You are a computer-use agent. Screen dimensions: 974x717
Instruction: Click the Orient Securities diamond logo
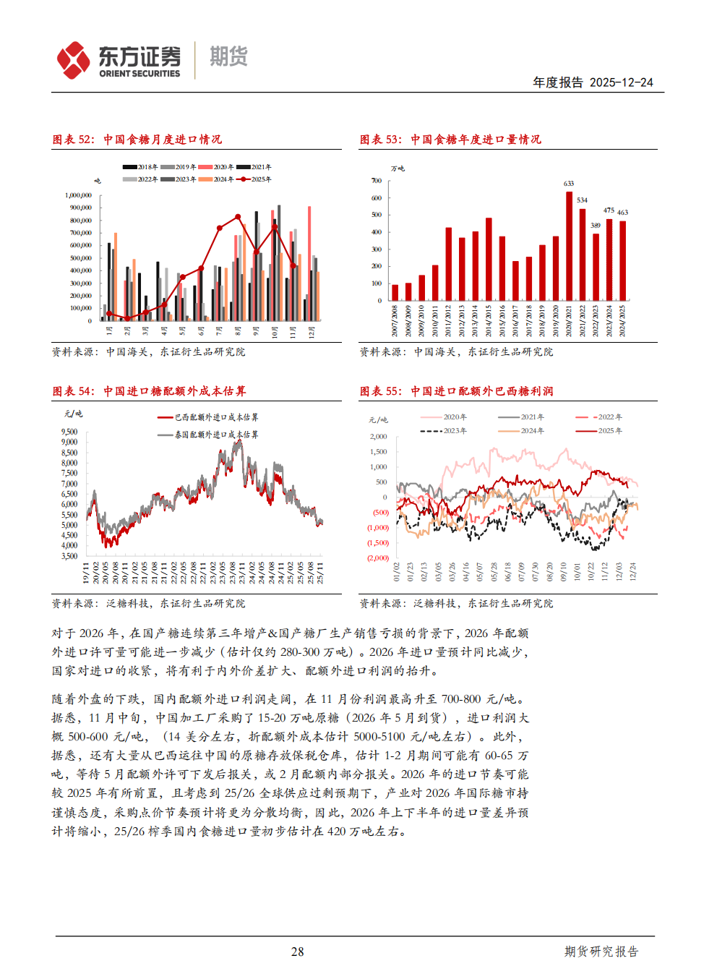click(74, 60)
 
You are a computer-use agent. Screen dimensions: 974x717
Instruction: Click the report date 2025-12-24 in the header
click(621, 82)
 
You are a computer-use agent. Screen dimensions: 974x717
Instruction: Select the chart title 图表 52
click(73, 140)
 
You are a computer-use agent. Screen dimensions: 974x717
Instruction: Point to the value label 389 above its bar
click(596, 226)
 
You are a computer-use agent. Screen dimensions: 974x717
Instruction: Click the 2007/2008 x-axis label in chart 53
click(395, 320)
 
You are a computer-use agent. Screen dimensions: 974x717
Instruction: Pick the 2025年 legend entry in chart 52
click(253, 179)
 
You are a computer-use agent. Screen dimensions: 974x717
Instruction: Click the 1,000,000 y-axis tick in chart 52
click(78, 195)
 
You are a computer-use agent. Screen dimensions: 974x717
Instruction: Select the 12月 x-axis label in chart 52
click(312, 332)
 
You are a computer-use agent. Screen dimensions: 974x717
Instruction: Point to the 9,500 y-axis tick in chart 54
click(69, 432)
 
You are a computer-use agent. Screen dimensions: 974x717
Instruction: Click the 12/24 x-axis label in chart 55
click(633, 572)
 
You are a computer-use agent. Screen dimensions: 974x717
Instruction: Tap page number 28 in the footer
click(297, 952)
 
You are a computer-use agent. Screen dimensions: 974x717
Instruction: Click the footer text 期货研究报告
click(601, 952)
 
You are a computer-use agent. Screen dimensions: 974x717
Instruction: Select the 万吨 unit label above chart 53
click(398, 168)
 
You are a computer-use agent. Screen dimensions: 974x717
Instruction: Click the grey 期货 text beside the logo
click(228, 56)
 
